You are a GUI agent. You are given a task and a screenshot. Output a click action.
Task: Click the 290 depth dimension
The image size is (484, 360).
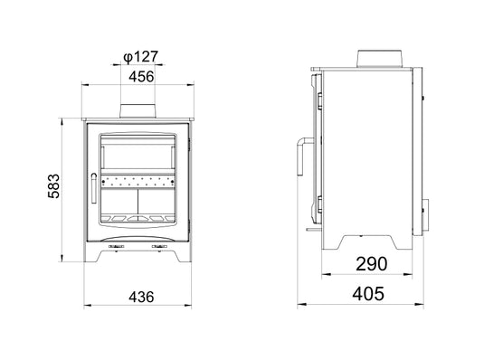[371, 265]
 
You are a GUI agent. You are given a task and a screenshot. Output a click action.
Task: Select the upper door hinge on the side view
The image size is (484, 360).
[316, 94]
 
